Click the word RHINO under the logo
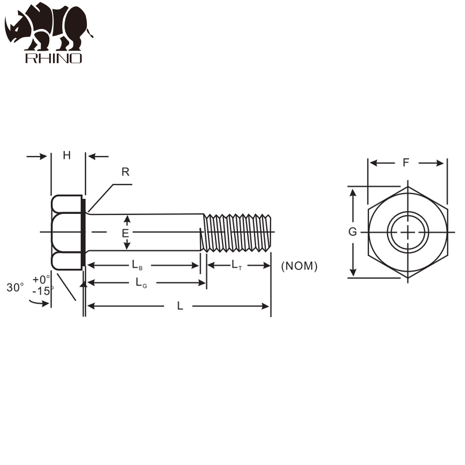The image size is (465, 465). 53,58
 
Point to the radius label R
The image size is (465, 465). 125,172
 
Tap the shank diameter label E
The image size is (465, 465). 125,233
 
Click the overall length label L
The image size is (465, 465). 180,306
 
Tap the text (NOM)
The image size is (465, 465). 299,266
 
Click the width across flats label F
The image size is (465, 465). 406,163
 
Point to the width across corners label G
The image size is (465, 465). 353,232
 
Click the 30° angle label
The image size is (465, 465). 15,287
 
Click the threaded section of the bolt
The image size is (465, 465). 237,232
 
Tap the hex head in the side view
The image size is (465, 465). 66,232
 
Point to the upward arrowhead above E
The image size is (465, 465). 125,219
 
